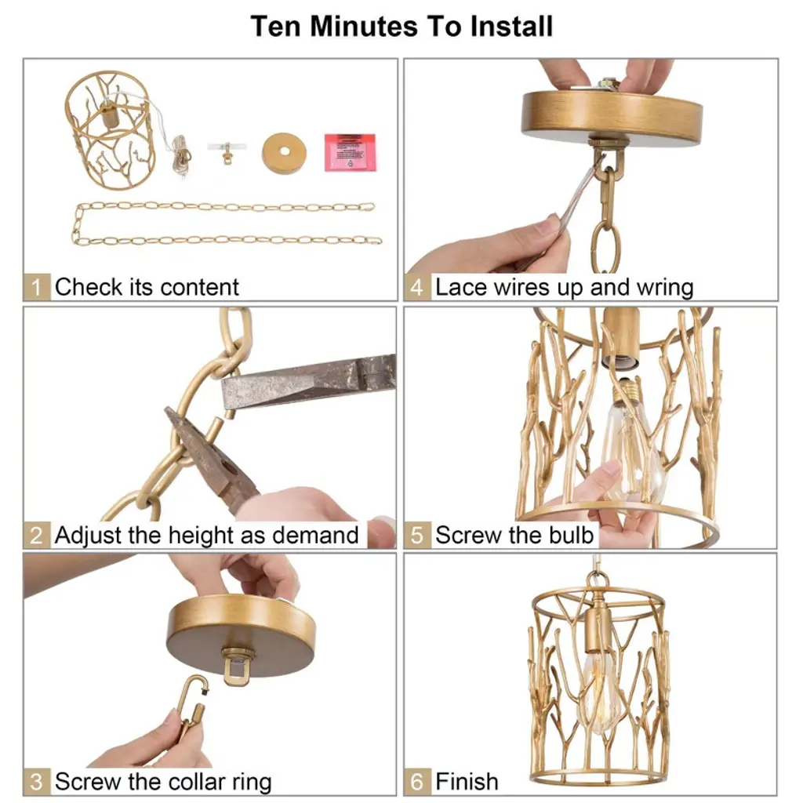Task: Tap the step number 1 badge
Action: pyautogui.click(x=36, y=287)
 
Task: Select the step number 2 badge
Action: pyautogui.click(x=36, y=535)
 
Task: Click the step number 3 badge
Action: pyautogui.click(x=36, y=782)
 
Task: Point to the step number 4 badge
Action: pyautogui.click(x=417, y=287)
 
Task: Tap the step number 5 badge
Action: pyautogui.click(x=417, y=535)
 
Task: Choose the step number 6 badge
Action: pyautogui.click(x=417, y=782)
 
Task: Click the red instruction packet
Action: pyautogui.click(x=350, y=152)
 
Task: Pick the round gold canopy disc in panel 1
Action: pyautogui.click(x=284, y=153)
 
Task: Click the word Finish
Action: pyautogui.click(x=467, y=782)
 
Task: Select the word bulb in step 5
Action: pyautogui.click(x=571, y=535)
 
